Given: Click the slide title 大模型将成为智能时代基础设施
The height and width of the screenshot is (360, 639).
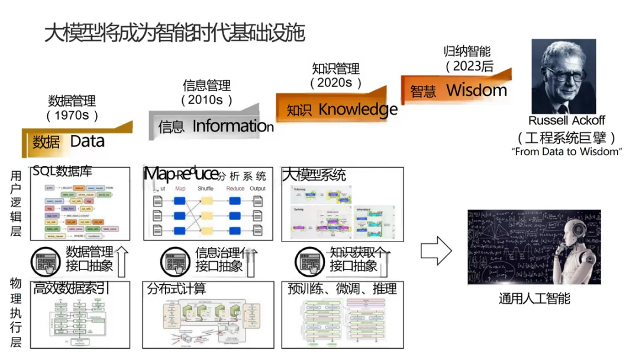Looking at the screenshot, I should (175, 33).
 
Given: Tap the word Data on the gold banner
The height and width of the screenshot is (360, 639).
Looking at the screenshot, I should (87, 142).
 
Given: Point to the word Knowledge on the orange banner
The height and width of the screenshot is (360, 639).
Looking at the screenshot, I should (358, 109).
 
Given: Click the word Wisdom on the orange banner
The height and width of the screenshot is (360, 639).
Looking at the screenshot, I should (476, 90).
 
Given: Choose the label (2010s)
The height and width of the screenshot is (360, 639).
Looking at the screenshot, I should (206, 100).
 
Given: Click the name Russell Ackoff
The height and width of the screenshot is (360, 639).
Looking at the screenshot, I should (566, 121).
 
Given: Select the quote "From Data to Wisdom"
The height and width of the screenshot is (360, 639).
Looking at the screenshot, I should (566, 152).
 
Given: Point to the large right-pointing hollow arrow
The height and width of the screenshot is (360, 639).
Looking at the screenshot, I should (436, 250).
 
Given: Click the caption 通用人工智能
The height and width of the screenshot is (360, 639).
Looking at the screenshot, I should (534, 298).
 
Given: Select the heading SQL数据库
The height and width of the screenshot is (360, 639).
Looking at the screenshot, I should (63, 172).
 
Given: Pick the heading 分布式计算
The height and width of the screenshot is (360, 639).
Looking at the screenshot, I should (177, 288).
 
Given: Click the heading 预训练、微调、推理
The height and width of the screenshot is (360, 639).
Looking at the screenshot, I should (342, 288).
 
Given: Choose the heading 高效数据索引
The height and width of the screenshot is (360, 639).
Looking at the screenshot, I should (72, 288).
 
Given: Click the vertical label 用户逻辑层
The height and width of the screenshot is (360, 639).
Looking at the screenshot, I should (16, 203).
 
